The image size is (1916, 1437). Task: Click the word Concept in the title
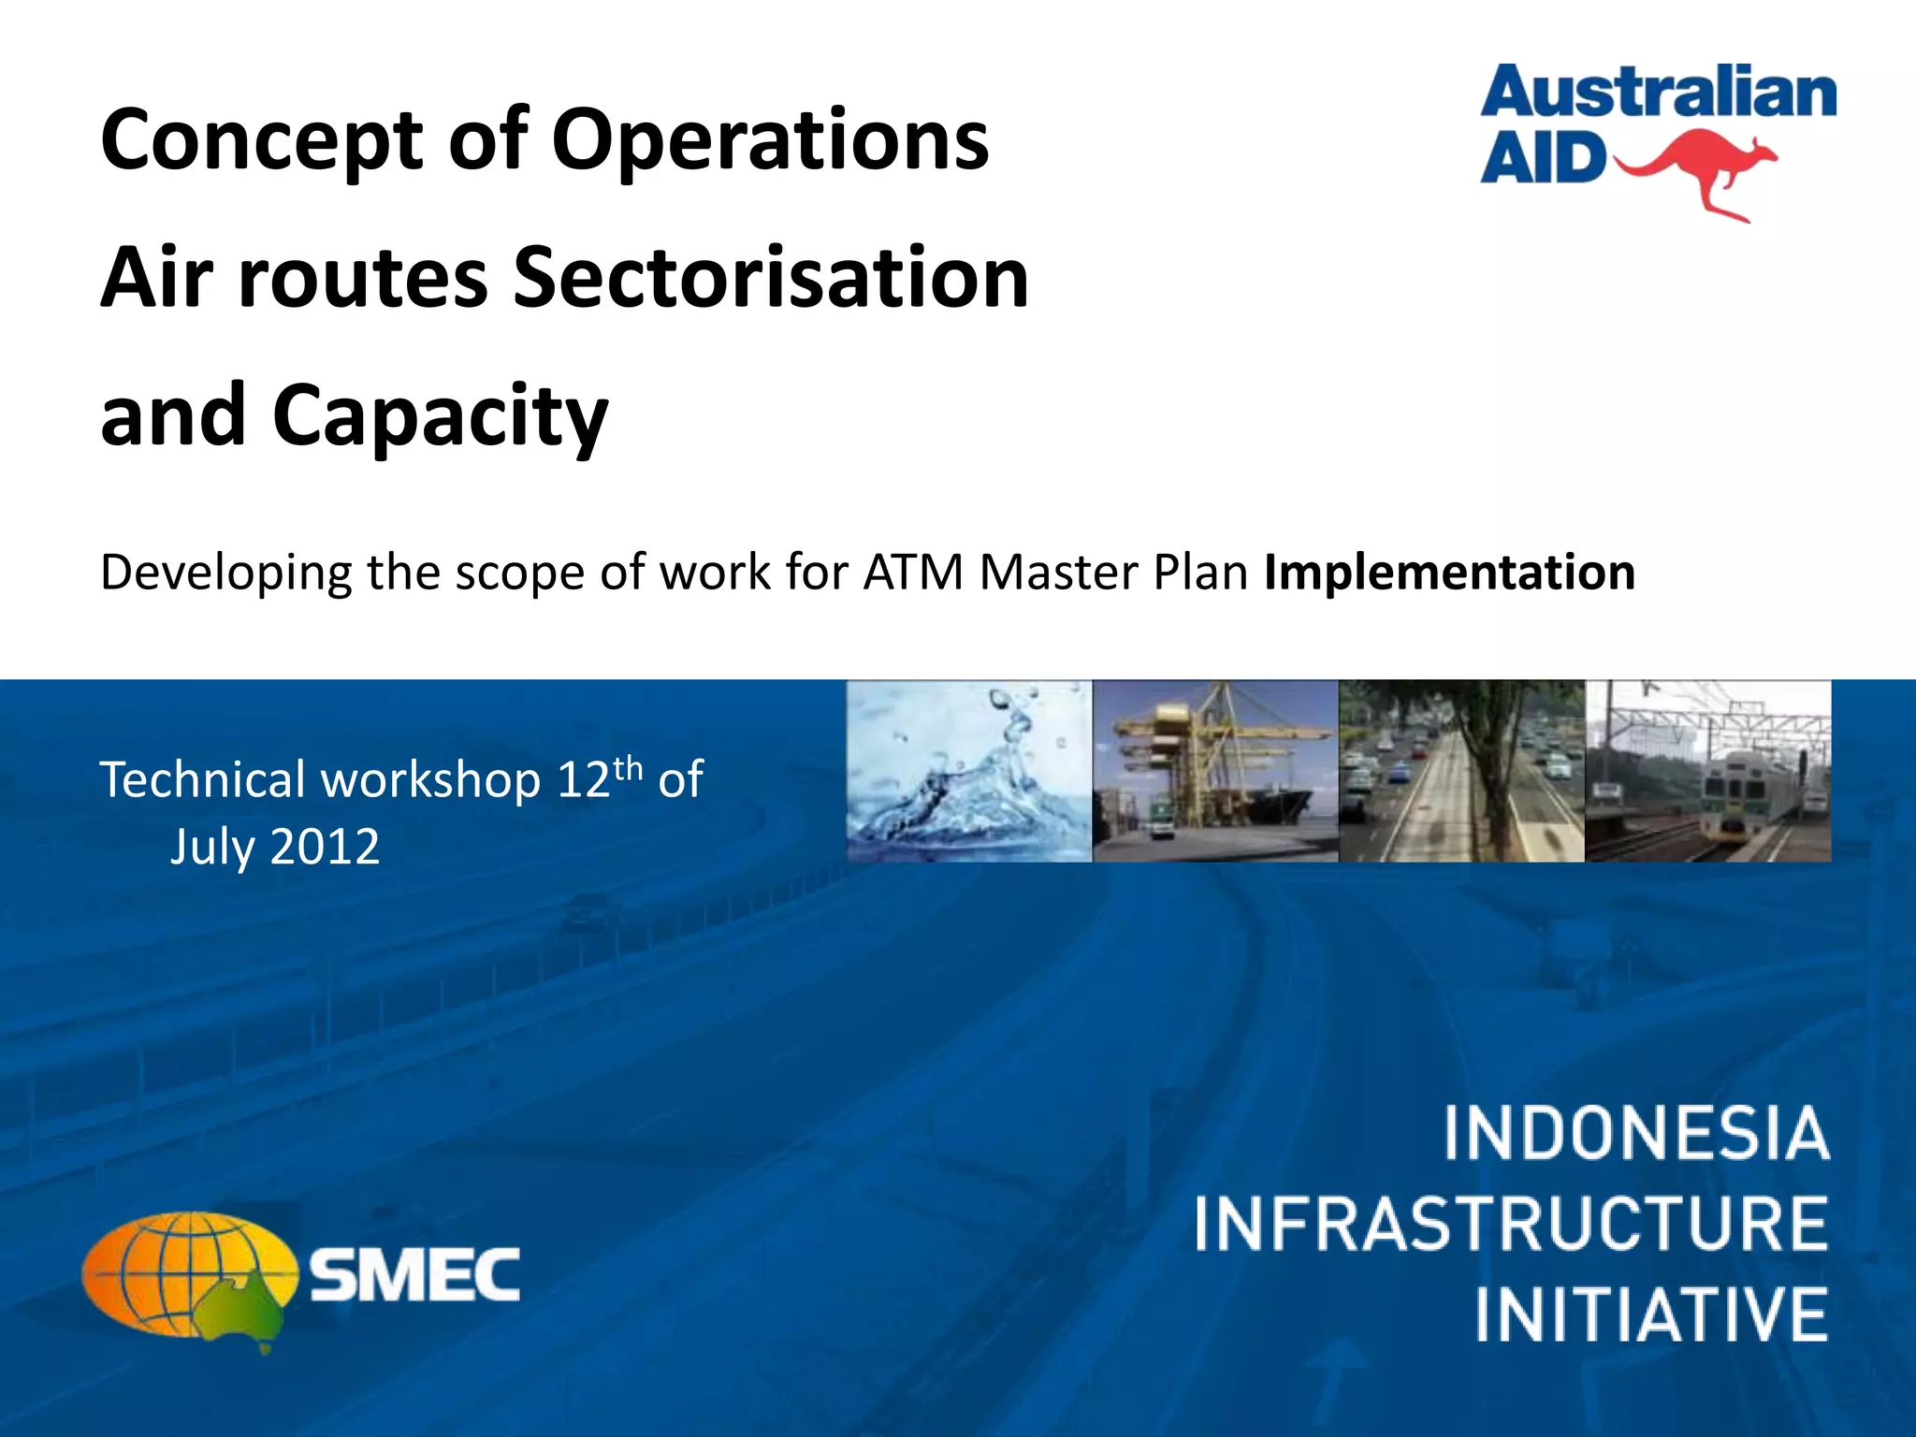(261, 142)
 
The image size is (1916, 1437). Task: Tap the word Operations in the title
(769, 142)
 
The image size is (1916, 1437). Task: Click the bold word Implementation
(1449, 573)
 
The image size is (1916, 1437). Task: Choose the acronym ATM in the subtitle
(912, 573)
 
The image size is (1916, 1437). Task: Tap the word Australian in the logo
(1658, 94)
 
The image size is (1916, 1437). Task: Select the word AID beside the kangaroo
(1542, 159)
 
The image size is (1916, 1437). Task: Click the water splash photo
(969, 771)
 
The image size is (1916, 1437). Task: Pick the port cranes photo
(1215, 771)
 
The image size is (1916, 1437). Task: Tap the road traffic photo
(1461, 771)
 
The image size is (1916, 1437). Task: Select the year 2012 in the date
(325, 848)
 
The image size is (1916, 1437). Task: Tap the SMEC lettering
(414, 1275)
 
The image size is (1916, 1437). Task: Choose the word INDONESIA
(1635, 1134)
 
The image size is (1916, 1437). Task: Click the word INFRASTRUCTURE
(1510, 1225)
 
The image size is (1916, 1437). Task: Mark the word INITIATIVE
(1651, 1314)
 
